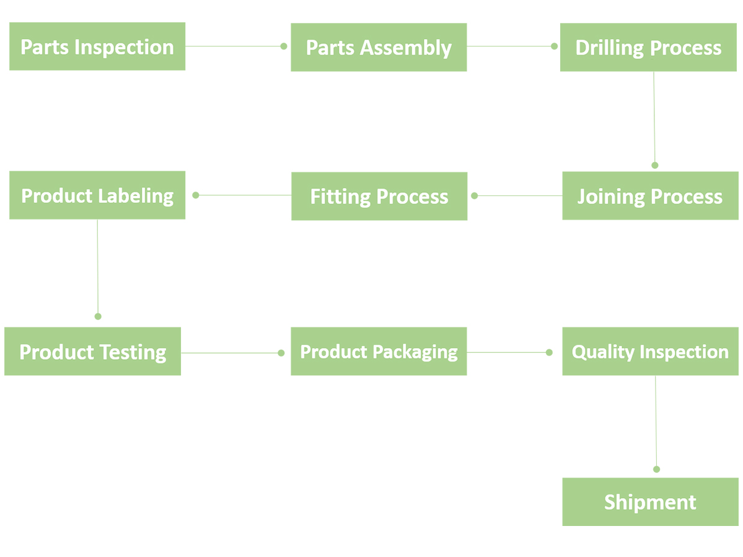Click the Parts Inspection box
point(97,47)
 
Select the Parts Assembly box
point(379,47)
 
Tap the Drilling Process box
point(648,47)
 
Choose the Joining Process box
point(650,196)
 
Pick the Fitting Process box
point(379,197)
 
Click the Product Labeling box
point(97,195)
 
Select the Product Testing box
point(92,352)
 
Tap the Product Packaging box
point(379,352)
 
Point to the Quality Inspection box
point(650,352)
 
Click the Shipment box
point(650,502)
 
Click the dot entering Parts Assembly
point(284,46)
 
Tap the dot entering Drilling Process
point(555,46)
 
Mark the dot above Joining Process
point(655,165)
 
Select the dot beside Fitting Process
point(474,195)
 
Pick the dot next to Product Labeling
point(196,195)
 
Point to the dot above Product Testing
point(98,316)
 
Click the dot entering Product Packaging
point(281,353)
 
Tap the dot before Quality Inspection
point(549,352)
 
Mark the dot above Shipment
point(656,469)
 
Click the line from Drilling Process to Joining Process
point(654,118)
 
